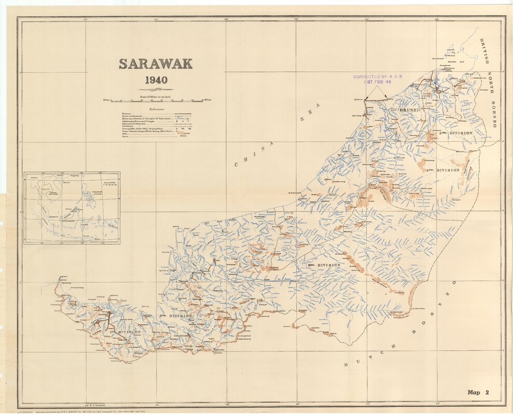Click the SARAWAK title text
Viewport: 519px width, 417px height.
pyautogui.click(x=156, y=64)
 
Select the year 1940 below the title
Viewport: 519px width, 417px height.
pyautogui.click(x=156, y=80)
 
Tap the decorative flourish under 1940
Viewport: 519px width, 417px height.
pyautogui.click(x=156, y=89)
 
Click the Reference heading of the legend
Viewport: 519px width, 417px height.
pyautogui.click(x=156, y=109)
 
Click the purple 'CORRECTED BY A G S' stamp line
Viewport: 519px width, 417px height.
pyautogui.click(x=378, y=77)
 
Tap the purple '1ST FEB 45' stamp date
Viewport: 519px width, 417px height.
pyautogui.click(x=378, y=83)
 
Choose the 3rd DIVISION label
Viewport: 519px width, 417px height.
pyautogui.click(x=324, y=265)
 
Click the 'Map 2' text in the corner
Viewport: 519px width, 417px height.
pyautogui.click(x=478, y=393)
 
